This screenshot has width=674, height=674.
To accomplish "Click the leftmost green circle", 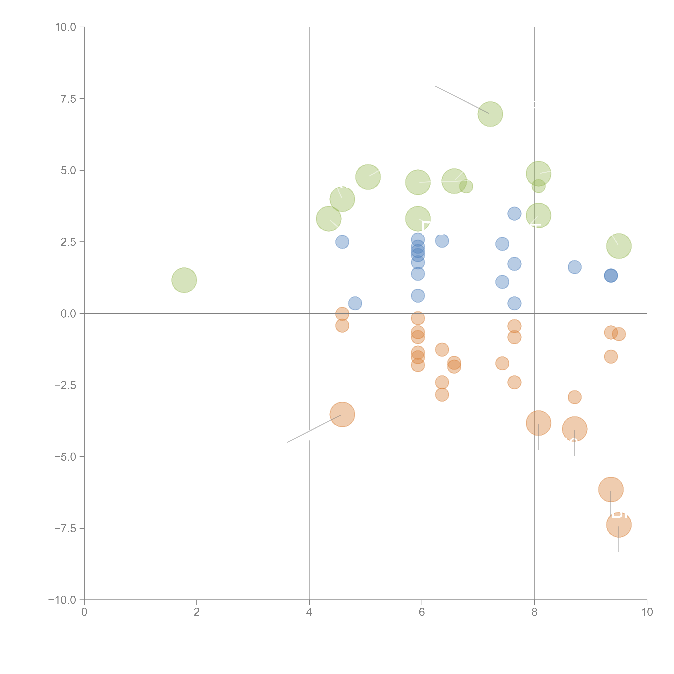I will [184, 280].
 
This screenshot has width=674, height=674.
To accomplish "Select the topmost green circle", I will [490, 114].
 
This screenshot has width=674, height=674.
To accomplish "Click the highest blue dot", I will [514, 214].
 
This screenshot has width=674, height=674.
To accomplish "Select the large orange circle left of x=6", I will [342, 415].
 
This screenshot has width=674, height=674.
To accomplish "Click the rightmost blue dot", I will [611, 276].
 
